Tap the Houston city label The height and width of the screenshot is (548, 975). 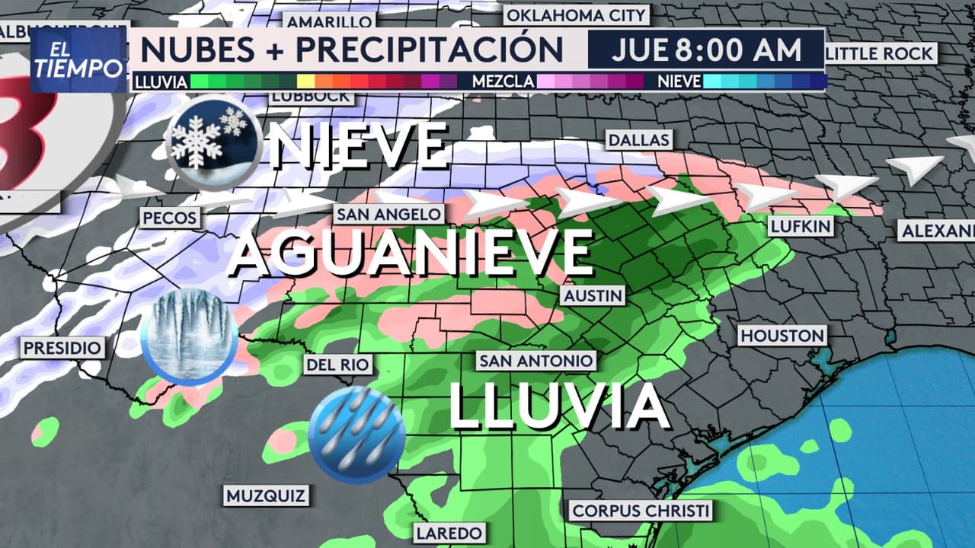(782, 336)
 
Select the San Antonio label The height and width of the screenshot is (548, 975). (535, 361)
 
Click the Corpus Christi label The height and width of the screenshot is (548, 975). (641, 511)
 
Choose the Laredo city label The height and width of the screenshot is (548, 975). (449, 532)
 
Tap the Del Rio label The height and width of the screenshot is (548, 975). (337, 365)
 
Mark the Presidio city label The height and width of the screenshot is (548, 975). (62, 349)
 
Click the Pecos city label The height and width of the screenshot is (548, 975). (170, 218)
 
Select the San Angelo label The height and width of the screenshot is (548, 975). (388, 214)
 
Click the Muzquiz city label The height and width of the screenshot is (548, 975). (266, 496)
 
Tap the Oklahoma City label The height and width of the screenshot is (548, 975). (575, 14)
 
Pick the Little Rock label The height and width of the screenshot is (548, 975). (880, 53)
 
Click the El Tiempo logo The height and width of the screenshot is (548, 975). (78, 60)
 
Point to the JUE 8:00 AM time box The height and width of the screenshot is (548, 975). (706, 50)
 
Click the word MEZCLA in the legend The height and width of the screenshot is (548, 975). (503, 81)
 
